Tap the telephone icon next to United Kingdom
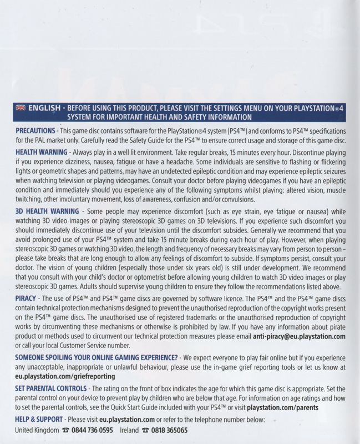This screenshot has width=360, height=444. tap(66, 431)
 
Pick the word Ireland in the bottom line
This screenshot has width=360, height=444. tap(128, 430)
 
